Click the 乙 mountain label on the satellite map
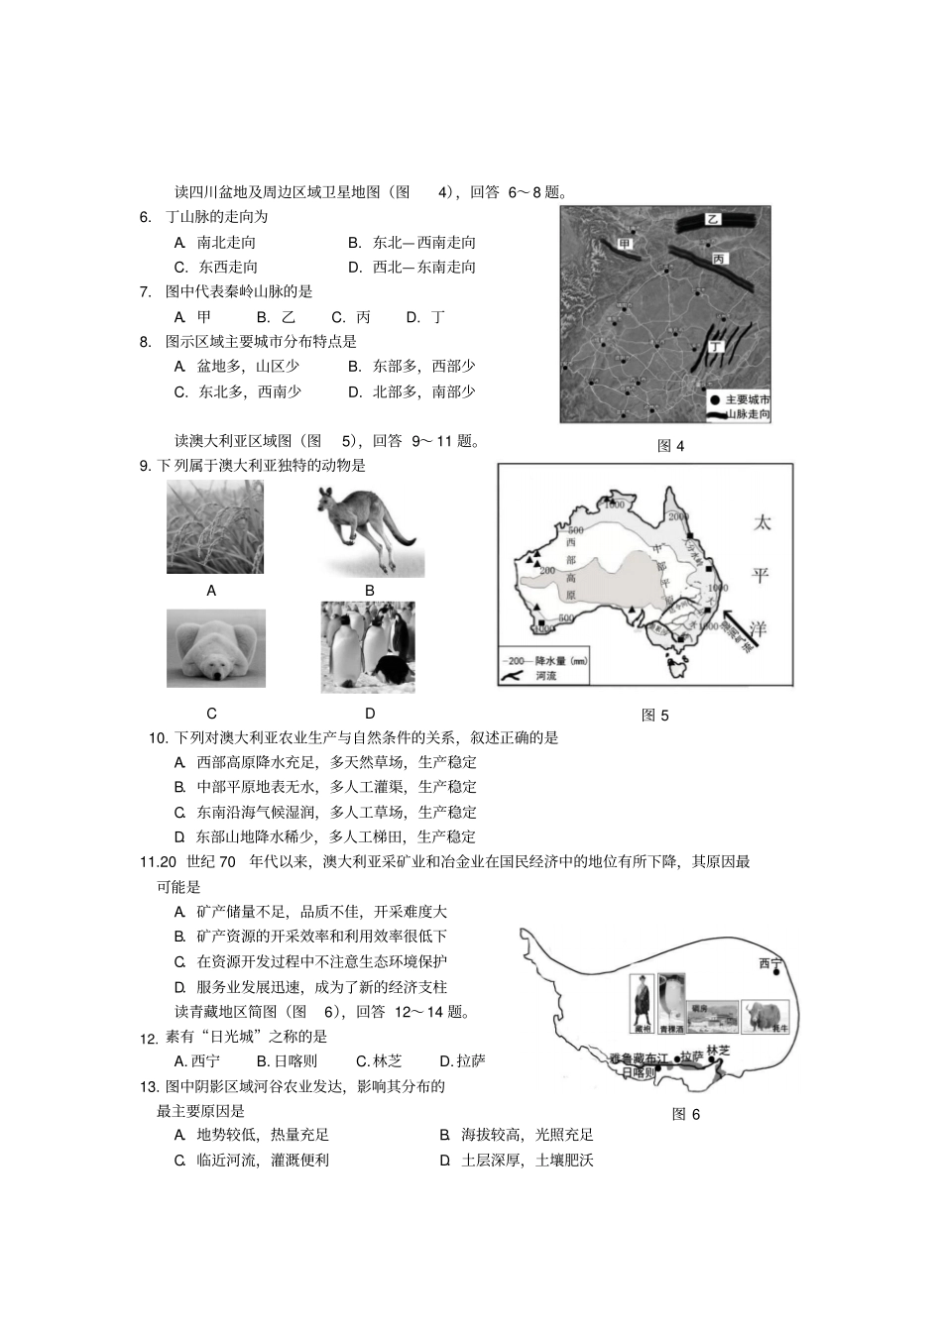click(x=712, y=220)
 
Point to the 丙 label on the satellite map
click(x=719, y=259)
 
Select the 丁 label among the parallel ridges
click(x=713, y=346)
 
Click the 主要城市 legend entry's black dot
click(x=714, y=398)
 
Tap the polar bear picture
click(x=215, y=648)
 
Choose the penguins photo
click(x=368, y=646)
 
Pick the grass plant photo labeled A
click(x=215, y=527)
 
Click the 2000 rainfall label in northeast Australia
click(x=678, y=517)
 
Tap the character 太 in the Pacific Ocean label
click(x=762, y=523)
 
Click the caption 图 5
click(x=655, y=715)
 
